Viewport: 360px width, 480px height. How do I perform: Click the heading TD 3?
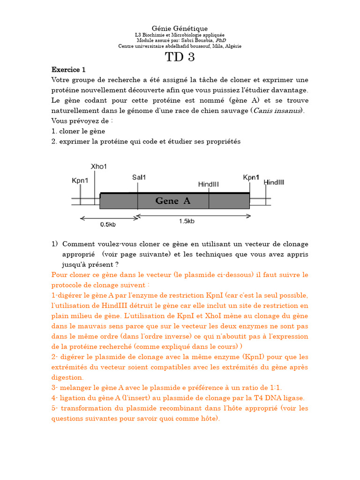click(x=180, y=57)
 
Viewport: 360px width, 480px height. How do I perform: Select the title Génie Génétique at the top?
click(x=180, y=29)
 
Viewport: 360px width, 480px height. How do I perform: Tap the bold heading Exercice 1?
click(x=68, y=70)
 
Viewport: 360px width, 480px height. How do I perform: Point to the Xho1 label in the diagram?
click(x=98, y=166)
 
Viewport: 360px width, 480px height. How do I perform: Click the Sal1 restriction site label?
click(x=139, y=178)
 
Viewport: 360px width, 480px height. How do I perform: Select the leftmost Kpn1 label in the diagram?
click(x=80, y=180)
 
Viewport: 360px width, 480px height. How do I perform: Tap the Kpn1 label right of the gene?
click(x=251, y=177)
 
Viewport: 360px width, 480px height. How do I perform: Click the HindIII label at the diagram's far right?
click(x=274, y=182)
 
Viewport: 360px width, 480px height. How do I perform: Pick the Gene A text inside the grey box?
click(x=173, y=201)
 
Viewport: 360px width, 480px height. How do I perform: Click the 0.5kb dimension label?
click(x=108, y=224)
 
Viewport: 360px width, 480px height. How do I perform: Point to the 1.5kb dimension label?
click(x=187, y=221)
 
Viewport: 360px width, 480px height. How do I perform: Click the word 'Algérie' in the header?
click(x=233, y=46)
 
